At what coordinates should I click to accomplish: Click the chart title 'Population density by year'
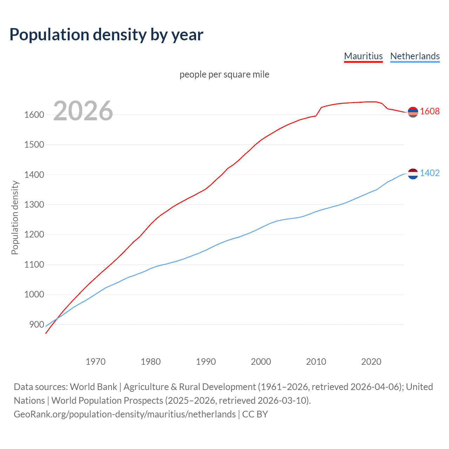pyautogui.click(x=106, y=34)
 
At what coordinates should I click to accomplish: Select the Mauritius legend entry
pyautogui.click(x=363, y=56)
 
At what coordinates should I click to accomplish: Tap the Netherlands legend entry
pyautogui.click(x=415, y=56)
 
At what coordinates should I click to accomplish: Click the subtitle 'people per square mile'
pyautogui.click(x=224, y=75)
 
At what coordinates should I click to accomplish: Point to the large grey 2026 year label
pyautogui.click(x=83, y=111)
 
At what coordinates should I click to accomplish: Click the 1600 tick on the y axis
pyautogui.click(x=34, y=115)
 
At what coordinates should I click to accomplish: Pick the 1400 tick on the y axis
pyautogui.click(x=34, y=175)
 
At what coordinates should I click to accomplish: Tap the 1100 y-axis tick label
pyautogui.click(x=34, y=265)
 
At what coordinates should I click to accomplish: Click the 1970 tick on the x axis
pyautogui.click(x=95, y=362)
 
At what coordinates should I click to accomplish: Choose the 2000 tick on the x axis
pyautogui.click(x=261, y=362)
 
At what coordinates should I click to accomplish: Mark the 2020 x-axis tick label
pyautogui.click(x=371, y=362)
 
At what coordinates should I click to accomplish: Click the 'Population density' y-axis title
pyautogui.click(x=15, y=217)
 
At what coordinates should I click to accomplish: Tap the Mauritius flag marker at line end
pyautogui.click(x=413, y=112)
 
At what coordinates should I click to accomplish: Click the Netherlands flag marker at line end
pyautogui.click(x=413, y=174)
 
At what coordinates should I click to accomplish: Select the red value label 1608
pyautogui.click(x=430, y=112)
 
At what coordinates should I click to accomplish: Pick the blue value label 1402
pyautogui.click(x=430, y=173)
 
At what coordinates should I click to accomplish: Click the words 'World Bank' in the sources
pyautogui.click(x=93, y=387)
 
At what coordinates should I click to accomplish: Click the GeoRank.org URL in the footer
pyautogui.click(x=125, y=414)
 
